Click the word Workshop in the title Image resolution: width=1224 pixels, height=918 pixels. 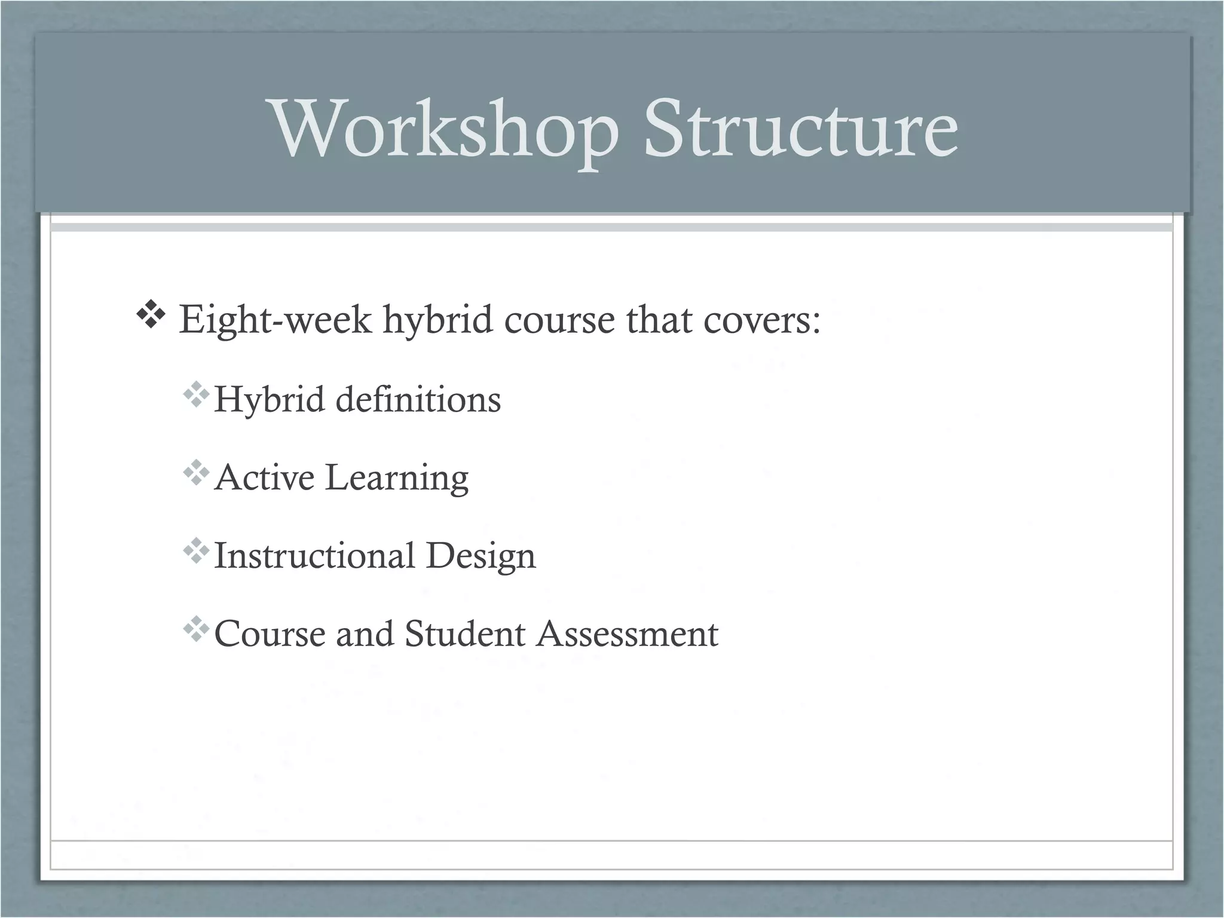click(x=445, y=130)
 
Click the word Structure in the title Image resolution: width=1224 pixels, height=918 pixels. click(x=800, y=130)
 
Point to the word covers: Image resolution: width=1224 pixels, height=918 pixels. click(x=761, y=320)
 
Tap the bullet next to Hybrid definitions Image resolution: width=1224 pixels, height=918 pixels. click(x=196, y=396)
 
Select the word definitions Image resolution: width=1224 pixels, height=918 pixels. click(x=418, y=399)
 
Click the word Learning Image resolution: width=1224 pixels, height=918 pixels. click(x=397, y=478)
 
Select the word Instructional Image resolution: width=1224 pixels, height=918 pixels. click(x=314, y=555)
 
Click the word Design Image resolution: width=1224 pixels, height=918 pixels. click(x=481, y=555)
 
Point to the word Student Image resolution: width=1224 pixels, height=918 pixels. click(x=465, y=634)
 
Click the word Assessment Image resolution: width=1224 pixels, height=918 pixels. click(x=627, y=634)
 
